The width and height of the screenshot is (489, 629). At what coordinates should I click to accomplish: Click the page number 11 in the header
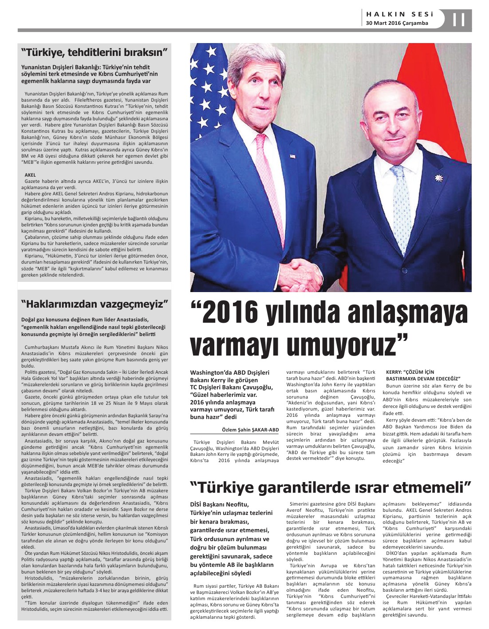pyautogui.click(x=459, y=20)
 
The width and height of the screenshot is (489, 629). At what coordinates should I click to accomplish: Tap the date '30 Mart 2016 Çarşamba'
pyautogui.click(x=397, y=23)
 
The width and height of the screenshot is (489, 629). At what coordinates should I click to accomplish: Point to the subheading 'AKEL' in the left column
pyautogui.click(x=30, y=175)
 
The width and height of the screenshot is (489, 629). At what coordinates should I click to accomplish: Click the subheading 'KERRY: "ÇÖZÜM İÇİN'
pyautogui.click(x=404, y=372)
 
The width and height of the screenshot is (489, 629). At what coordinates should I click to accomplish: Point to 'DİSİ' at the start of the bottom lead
pyautogui.click(x=197, y=504)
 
